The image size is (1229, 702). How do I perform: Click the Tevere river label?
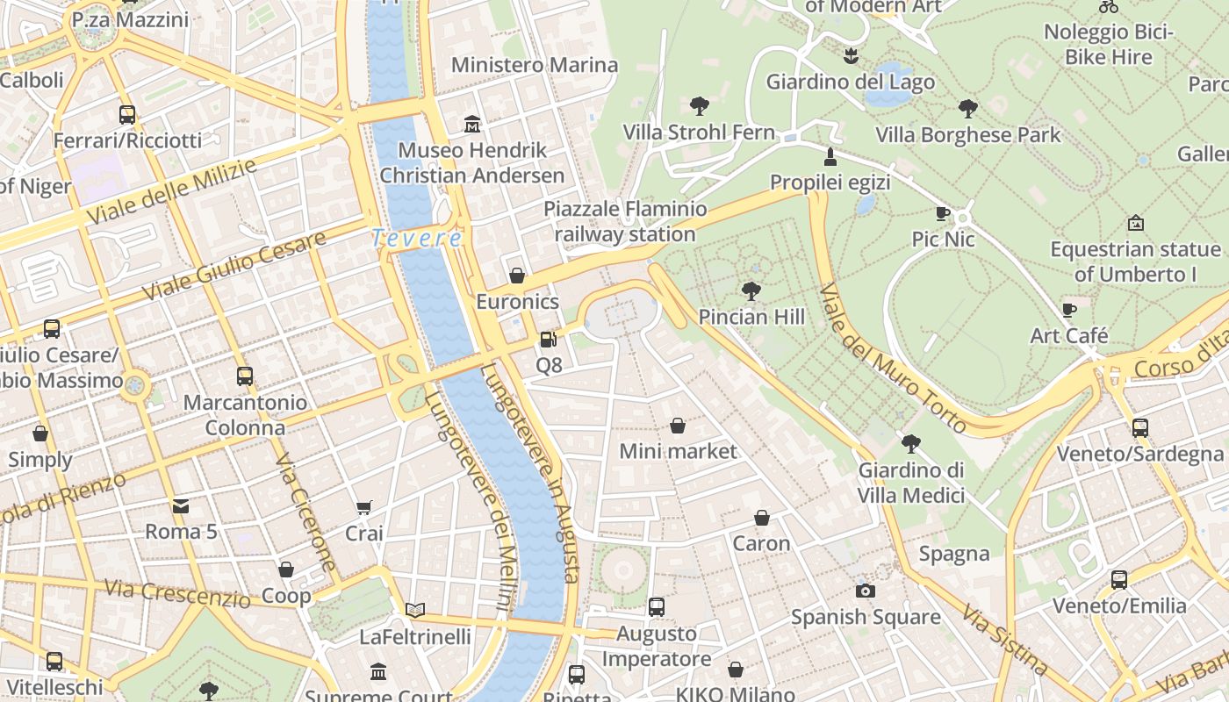[x=416, y=238]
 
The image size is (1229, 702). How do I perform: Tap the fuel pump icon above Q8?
[x=549, y=339]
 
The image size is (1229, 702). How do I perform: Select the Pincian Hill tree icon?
[x=751, y=290]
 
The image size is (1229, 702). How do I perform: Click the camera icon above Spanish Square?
[x=866, y=591]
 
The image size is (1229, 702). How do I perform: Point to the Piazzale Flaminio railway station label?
[x=625, y=221]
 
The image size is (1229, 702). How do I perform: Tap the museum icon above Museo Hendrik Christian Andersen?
[x=472, y=124]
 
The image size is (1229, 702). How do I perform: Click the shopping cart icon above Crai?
[x=364, y=507]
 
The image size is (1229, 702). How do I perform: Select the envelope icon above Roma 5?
[x=181, y=505]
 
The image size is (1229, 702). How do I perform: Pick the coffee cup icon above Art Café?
[x=1069, y=310]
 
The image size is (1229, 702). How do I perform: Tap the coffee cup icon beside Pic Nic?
[x=943, y=213]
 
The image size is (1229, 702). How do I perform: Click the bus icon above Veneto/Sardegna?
[x=1139, y=427]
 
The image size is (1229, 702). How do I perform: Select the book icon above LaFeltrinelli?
[x=415, y=610]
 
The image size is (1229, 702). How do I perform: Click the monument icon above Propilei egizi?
[x=830, y=156]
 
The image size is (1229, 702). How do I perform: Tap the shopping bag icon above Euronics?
[x=517, y=276]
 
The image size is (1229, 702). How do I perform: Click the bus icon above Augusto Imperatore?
[x=657, y=606]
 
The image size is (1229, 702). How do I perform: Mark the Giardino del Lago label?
[x=850, y=82]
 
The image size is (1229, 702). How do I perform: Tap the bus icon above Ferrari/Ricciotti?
[x=127, y=114]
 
